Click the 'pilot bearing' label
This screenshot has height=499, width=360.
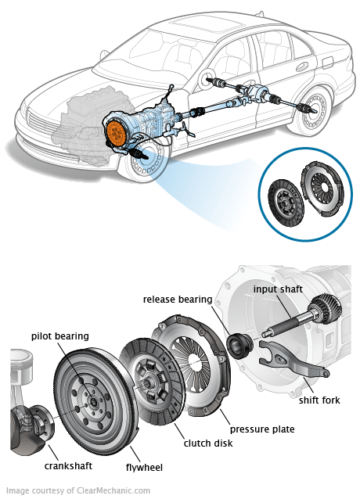[x=60, y=336]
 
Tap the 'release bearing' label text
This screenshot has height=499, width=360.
[x=177, y=299]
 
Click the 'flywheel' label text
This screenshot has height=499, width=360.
[x=144, y=468]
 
